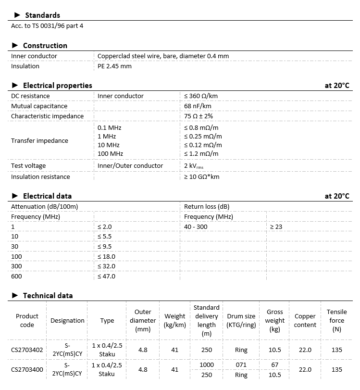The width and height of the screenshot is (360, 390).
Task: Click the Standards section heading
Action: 42,15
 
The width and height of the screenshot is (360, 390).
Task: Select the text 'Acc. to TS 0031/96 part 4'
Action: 47,25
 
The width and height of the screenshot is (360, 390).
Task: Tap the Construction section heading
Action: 45,46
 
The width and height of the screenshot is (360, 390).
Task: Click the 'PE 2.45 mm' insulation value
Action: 114,66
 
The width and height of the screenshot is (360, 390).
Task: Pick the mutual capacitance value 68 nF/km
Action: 198,106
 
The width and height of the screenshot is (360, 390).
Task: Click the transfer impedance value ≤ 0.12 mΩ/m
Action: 203,145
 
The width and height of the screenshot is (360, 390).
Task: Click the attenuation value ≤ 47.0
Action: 106,277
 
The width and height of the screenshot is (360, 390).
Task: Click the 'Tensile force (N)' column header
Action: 337,321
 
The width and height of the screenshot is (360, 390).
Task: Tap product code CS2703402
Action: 27,350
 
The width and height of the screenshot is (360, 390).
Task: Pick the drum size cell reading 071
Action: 241,365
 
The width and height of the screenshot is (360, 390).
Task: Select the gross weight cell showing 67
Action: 275,365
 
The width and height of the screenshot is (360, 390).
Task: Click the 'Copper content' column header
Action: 305,321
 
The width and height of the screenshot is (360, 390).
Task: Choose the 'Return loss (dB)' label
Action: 207,206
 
